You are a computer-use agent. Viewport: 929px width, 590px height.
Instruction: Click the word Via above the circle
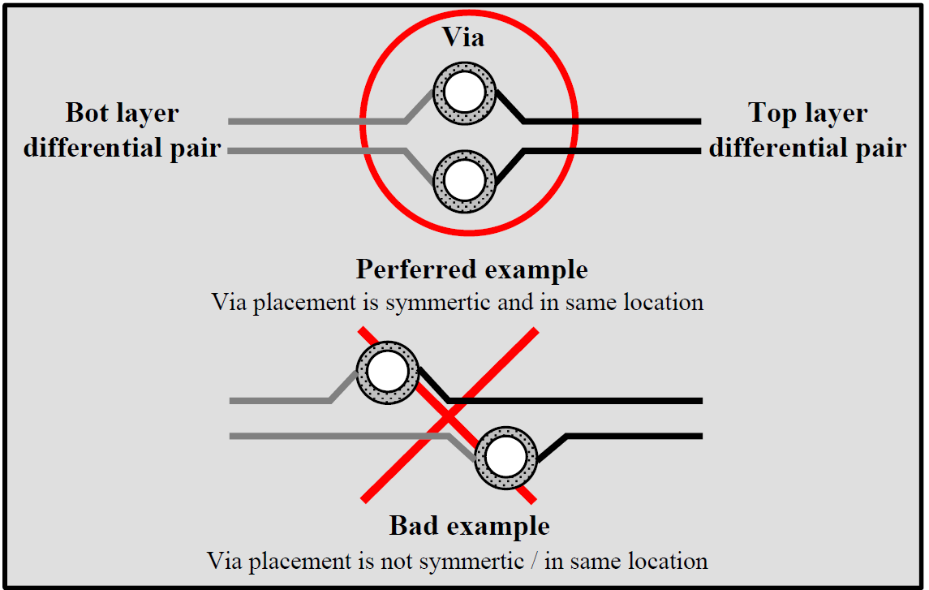463,37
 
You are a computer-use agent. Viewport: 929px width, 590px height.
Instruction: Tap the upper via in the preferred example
464,93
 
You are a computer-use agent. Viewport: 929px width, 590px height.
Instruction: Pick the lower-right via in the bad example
506,457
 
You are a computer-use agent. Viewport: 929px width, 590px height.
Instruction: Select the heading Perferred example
471,269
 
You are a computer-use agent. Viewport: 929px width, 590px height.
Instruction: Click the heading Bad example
470,526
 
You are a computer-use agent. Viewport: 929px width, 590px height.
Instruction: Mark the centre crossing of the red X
449,416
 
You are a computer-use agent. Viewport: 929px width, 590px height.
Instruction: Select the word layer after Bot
147,113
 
